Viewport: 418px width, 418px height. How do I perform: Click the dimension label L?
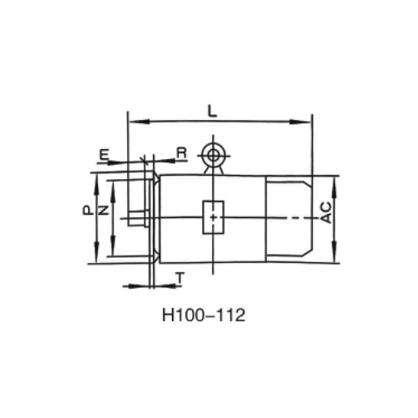(x=212, y=111)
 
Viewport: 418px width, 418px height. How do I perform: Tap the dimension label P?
(x=87, y=211)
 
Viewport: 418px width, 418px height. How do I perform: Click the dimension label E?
(x=104, y=154)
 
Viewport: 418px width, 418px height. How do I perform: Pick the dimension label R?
(x=181, y=153)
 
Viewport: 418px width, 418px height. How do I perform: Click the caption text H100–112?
(x=204, y=316)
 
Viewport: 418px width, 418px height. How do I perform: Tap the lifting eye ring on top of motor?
(x=213, y=155)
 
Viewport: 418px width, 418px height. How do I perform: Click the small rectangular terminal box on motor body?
(x=213, y=217)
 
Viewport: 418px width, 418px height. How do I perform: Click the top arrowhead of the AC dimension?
(x=334, y=180)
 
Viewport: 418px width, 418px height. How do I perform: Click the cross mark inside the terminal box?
(x=213, y=217)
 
